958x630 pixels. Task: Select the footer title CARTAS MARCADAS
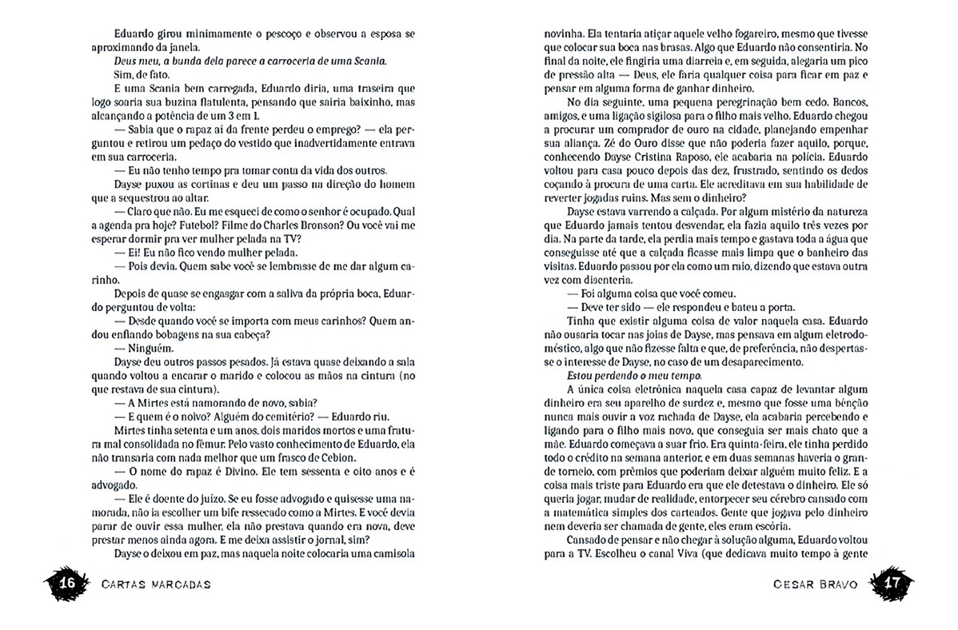click(157, 584)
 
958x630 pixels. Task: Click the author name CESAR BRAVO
click(816, 584)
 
